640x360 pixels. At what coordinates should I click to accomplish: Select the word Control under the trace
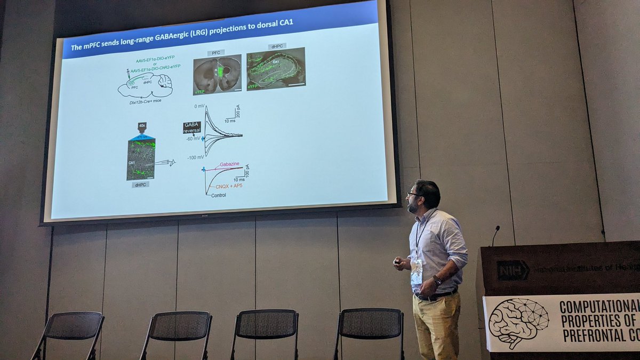click(x=218, y=195)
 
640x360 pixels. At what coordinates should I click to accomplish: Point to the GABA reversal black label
click(x=191, y=127)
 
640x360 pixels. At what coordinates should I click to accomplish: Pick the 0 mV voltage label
click(x=199, y=106)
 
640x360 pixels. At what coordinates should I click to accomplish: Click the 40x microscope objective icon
click(x=142, y=129)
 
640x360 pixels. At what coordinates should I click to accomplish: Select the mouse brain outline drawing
click(x=145, y=85)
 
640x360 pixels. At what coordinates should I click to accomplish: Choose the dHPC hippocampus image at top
click(x=276, y=68)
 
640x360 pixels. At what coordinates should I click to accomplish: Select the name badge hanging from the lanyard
click(x=417, y=271)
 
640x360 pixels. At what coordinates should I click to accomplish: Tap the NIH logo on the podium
click(x=513, y=270)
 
